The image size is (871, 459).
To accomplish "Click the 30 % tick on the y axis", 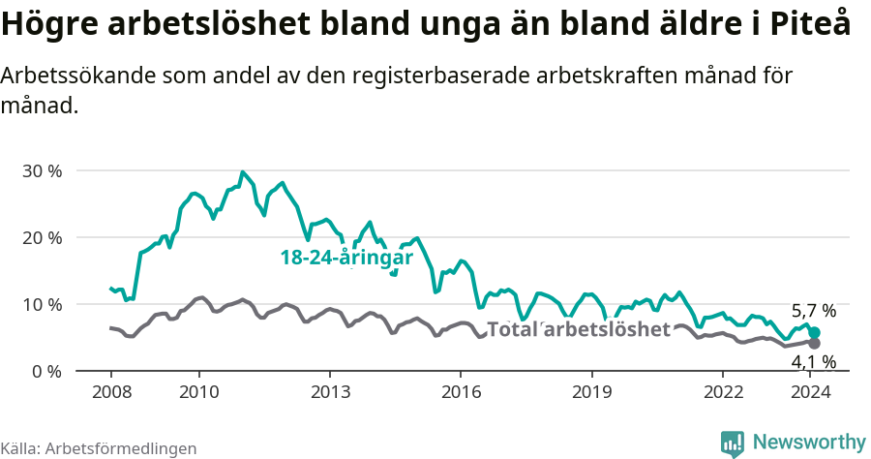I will (42, 171).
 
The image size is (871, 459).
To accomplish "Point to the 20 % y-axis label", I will (42, 238).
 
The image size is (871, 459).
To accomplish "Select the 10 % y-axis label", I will (42, 305).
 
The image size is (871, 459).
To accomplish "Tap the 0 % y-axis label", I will (46, 372).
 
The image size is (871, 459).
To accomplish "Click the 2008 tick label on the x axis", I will (110, 391).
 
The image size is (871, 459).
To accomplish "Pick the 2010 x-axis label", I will (198, 391).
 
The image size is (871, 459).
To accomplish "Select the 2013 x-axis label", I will (329, 391).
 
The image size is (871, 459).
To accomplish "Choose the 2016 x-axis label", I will (460, 391).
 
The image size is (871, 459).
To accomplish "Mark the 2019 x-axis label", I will (590, 391).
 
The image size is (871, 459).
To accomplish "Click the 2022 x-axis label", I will (721, 391).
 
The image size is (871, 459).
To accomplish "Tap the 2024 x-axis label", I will (808, 391).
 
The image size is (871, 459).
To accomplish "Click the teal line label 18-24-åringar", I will (346, 258).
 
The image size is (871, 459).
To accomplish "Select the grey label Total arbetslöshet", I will (578, 329).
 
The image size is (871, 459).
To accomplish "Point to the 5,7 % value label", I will (814, 312).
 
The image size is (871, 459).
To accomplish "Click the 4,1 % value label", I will (814, 362).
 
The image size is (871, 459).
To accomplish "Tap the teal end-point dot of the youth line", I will (815, 332).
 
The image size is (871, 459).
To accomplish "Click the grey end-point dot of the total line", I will (815, 344).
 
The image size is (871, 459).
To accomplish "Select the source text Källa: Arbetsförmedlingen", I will (99, 448).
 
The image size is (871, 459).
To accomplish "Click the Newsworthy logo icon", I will (733, 444).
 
